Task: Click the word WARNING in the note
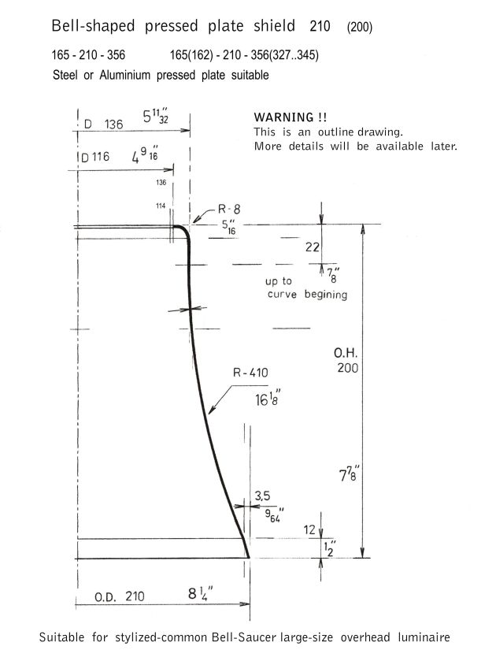click(x=283, y=117)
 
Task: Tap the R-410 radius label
click(x=250, y=373)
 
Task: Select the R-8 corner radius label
click(x=229, y=209)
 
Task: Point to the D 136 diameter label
click(x=104, y=124)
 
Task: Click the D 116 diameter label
click(x=95, y=157)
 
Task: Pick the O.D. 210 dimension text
click(x=119, y=596)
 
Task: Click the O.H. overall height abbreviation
click(x=346, y=353)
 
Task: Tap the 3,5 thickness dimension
click(x=262, y=496)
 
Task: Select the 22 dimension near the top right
click(x=313, y=247)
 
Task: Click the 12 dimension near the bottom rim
click(x=309, y=530)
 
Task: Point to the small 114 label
click(x=161, y=206)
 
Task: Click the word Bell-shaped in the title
click(x=93, y=26)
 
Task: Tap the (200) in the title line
click(x=360, y=28)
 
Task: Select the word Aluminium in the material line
click(x=124, y=75)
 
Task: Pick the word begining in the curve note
click(x=326, y=294)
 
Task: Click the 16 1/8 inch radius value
click(x=268, y=398)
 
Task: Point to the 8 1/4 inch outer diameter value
click(x=201, y=593)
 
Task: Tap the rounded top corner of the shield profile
click(x=184, y=231)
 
